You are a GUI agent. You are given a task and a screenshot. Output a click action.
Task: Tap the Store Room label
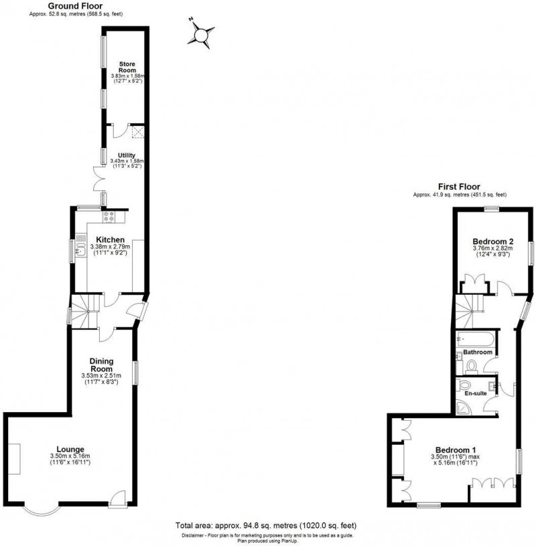[127, 66]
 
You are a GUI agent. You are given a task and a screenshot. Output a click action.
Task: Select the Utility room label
[127, 155]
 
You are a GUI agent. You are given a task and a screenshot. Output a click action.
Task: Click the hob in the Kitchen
[110, 216]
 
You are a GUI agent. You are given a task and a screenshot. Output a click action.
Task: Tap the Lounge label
[70, 448]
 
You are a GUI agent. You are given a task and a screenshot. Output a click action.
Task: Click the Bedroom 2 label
[492, 241]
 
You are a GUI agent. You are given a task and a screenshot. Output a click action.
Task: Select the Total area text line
[266, 527]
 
